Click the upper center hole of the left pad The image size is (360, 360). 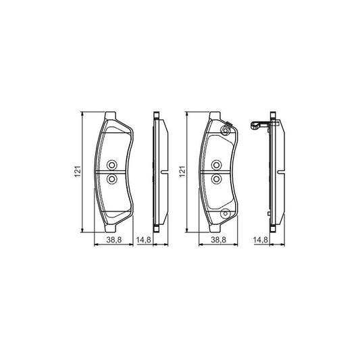[x=112, y=165]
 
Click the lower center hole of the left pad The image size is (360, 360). [x=112, y=178]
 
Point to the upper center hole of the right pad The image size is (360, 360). [x=216, y=165]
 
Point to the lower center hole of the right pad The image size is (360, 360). [x=216, y=178]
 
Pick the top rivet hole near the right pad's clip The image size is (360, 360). [x=226, y=130]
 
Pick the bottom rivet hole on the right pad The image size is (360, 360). [x=226, y=215]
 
